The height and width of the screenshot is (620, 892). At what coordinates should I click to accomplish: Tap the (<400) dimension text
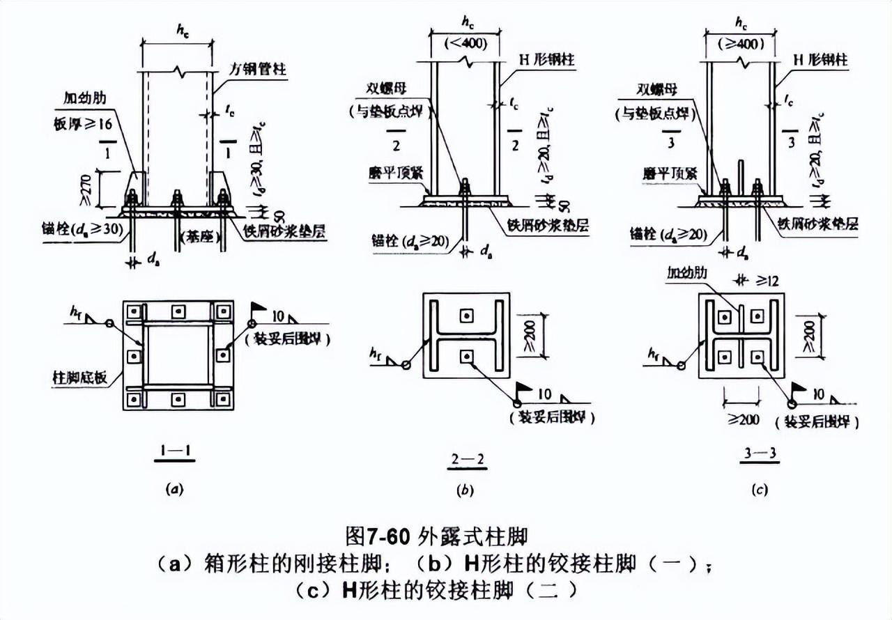pyautogui.click(x=465, y=44)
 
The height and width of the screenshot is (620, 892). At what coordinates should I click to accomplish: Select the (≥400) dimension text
pyautogui.click(x=741, y=44)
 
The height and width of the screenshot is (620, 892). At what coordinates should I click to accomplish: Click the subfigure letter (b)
pyautogui.click(x=464, y=490)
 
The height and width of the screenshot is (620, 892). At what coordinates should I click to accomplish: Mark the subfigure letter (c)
pyautogui.click(x=760, y=490)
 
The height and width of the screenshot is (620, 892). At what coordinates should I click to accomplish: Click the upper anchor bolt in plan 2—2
pyautogui.click(x=466, y=316)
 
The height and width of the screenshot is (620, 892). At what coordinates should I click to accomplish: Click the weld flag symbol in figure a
pyautogui.click(x=259, y=307)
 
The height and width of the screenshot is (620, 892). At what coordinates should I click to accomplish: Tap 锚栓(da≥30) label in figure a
pyautogui.click(x=85, y=229)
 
